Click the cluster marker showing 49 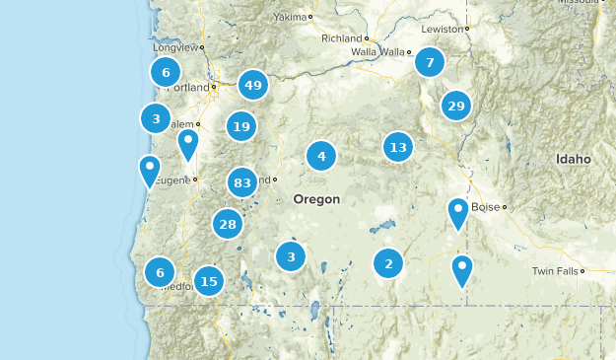pos(253,86)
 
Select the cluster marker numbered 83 pos(241,182)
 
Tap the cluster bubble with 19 pos(240,125)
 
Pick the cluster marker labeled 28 pos(228,224)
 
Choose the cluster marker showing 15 pos(208,281)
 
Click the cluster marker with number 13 pos(398,148)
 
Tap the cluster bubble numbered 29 pos(455,106)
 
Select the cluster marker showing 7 pos(429,63)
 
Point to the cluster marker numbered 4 pos(321,156)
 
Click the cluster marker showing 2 pos(388,263)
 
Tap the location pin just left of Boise pos(458,212)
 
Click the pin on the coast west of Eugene pos(150,171)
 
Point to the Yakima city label pos(290,17)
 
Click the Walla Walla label pos(378,52)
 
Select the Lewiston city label pos(442,30)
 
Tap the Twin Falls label pos(556,271)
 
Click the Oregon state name pos(316,199)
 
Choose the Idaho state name pos(573,159)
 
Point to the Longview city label pos(176,46)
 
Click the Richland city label pos(342,38)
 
